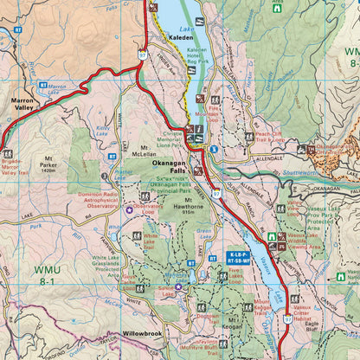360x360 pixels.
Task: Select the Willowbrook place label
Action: coord(142,332)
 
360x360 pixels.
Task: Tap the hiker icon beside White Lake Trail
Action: coord(137,235)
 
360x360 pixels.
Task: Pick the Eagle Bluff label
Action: coord(312,325)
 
